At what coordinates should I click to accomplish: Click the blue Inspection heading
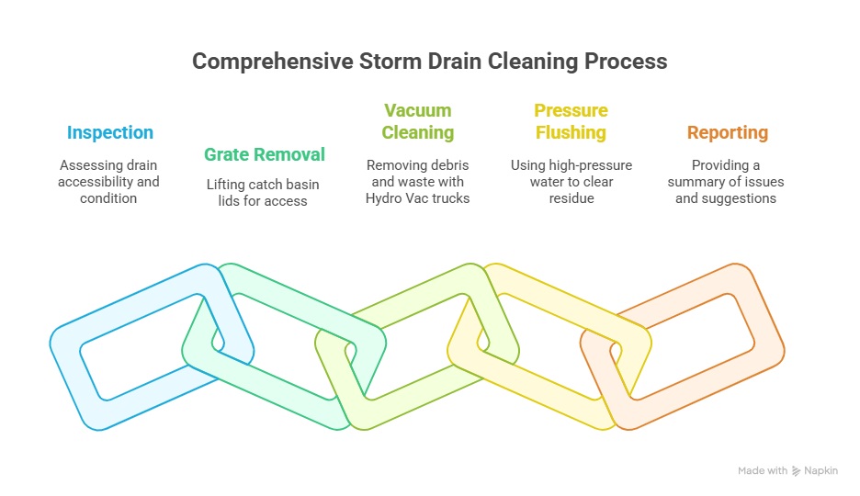click(109, 132)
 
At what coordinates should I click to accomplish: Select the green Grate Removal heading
click(265, 154)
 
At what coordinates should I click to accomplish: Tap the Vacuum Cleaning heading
click(418, 121)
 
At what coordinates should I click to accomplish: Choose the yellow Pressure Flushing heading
click(571, 121)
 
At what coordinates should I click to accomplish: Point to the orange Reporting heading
click(728, 132)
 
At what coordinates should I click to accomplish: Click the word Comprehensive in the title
click(273, 62)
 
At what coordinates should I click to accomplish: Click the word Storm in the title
click(390, 62)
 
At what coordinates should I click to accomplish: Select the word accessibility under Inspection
click(96, 182)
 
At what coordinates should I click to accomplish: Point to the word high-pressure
click(589, 165)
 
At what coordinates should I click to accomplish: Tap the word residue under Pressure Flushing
click(571, 198)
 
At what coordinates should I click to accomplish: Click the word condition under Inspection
click(108, 198)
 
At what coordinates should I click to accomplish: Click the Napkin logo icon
click(796, 471)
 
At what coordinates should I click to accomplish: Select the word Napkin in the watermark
click(821, 471)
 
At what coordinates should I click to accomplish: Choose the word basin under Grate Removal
click(303, 185)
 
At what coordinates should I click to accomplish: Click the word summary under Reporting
click(692, 182)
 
